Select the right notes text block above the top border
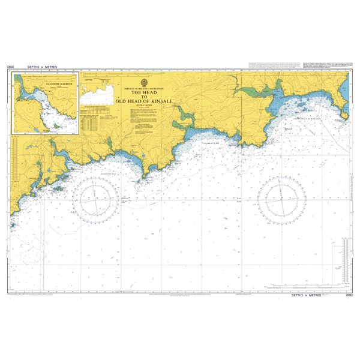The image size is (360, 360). pos(325,64)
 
